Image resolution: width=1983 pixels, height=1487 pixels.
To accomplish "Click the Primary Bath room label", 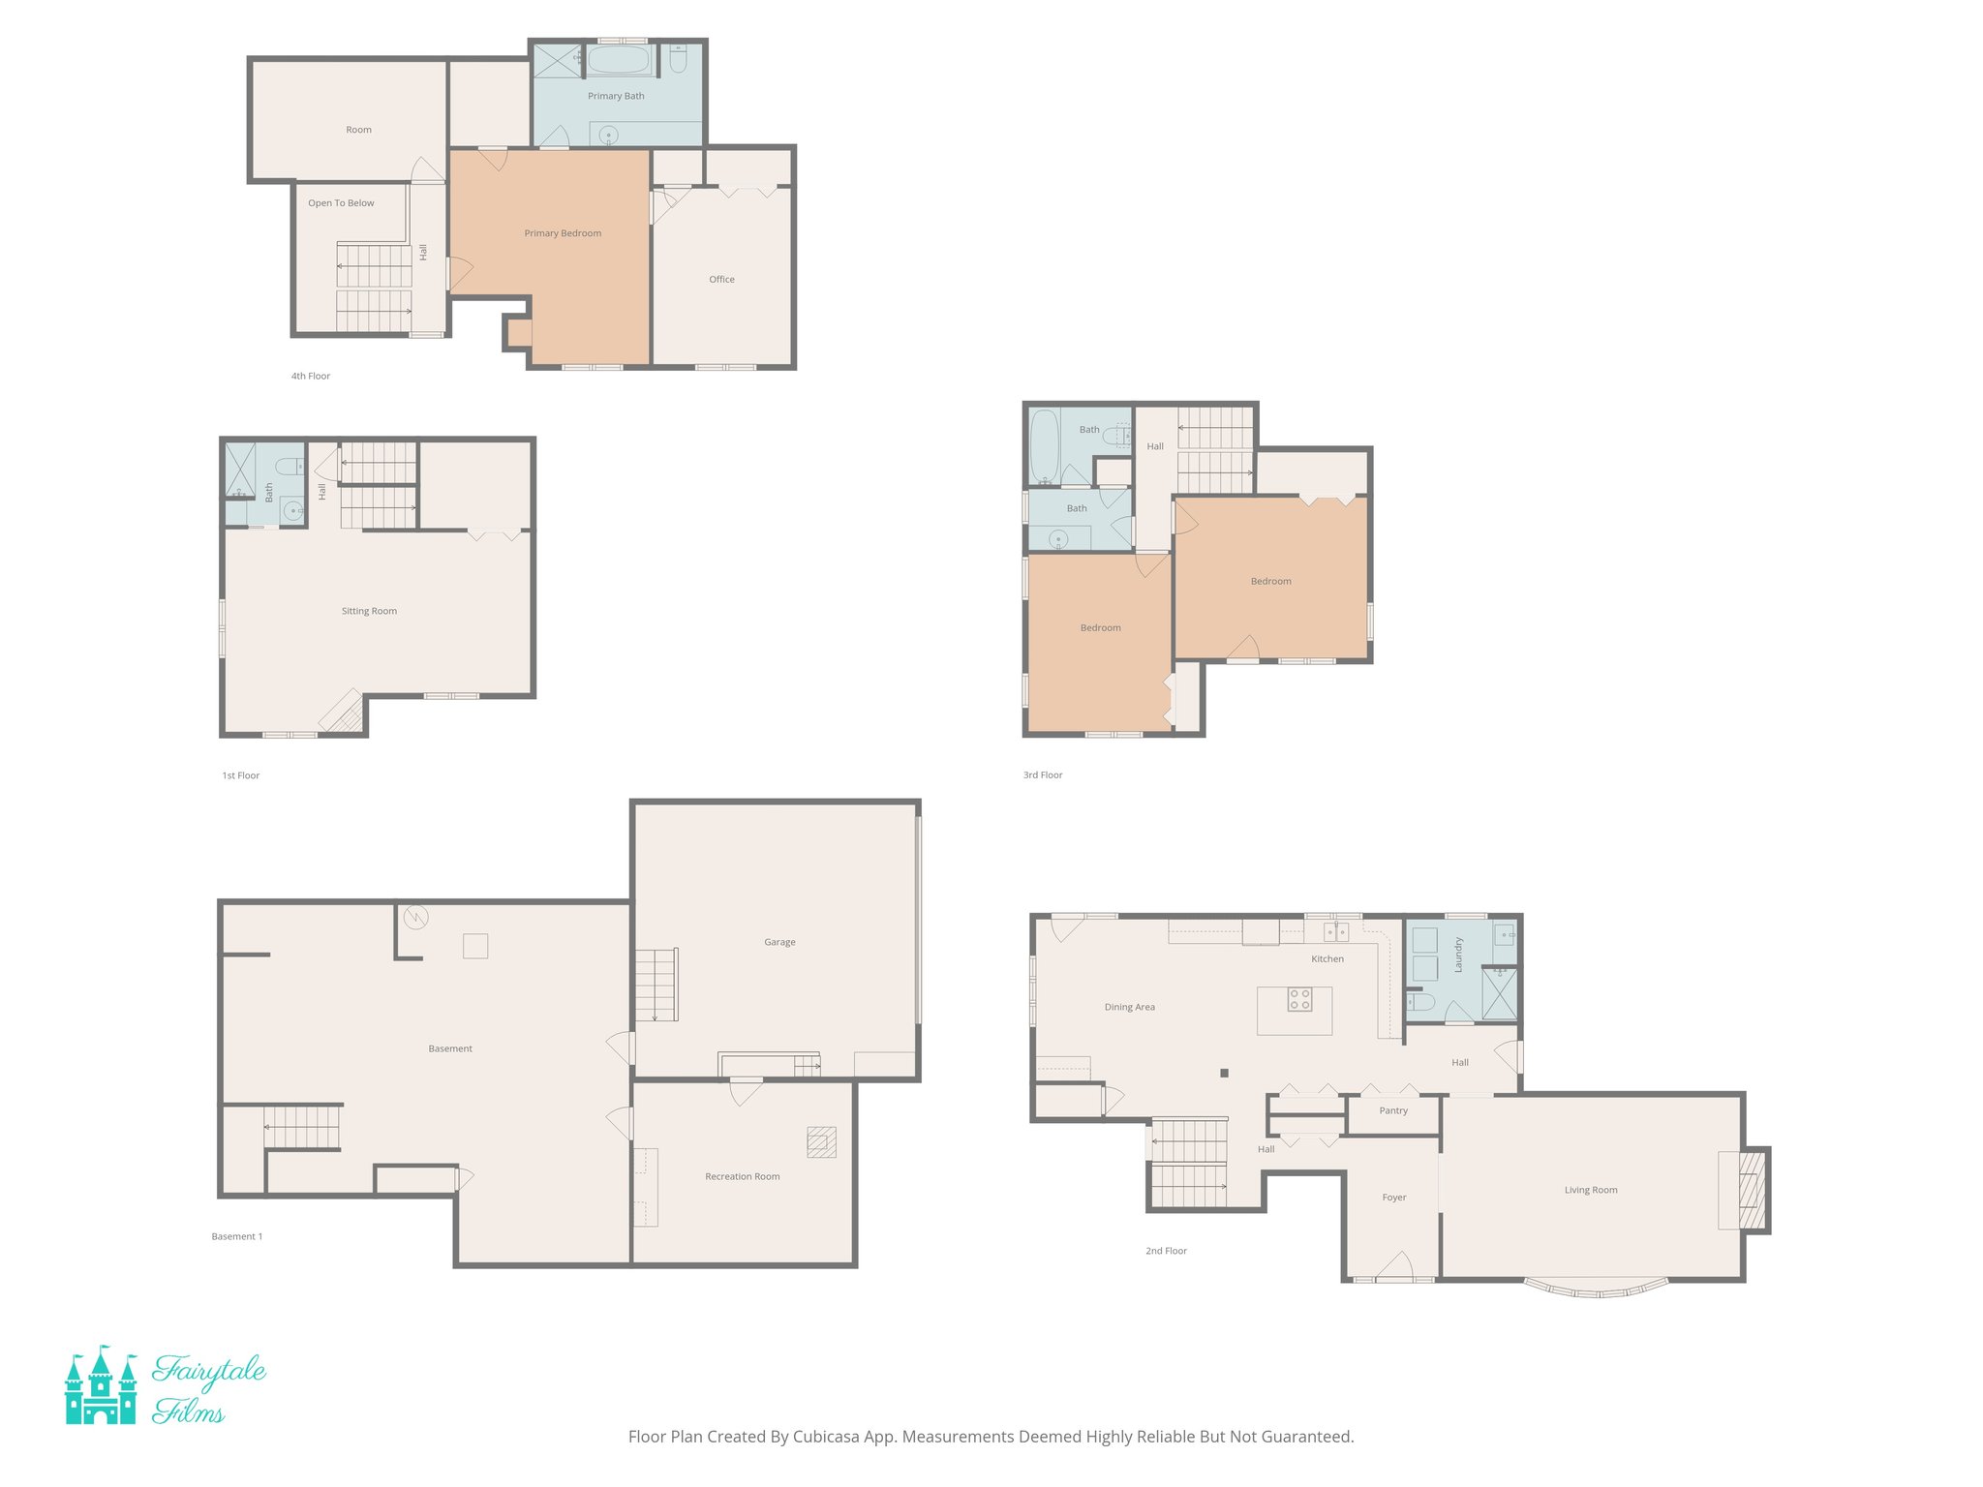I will coord(616,96).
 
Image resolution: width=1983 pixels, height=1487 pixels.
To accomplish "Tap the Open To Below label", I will coord(341,203).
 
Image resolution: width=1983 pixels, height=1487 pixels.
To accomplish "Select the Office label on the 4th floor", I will coord(721,280).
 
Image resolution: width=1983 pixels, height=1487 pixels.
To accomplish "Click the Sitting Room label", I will coord(369,611).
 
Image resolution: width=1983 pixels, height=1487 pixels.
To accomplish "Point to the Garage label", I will coord(779,942).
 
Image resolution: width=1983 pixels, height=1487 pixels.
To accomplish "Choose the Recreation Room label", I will coord(742,1176).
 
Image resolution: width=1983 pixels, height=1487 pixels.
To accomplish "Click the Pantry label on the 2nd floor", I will coord(1393,1110).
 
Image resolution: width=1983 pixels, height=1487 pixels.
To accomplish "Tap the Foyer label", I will coord(1393,1198).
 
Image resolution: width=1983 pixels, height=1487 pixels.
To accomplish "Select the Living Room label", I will coord(1591,1190).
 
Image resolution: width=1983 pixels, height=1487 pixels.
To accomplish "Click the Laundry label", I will coord(1458,955).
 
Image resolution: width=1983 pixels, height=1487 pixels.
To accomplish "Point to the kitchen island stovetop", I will coord(1299,999).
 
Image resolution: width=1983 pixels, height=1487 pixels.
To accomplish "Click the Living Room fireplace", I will coord(1751,1189).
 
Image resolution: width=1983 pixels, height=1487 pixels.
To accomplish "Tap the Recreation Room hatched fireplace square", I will coord(821,1142).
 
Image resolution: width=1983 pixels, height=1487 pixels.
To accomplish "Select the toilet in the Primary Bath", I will coord(678,60).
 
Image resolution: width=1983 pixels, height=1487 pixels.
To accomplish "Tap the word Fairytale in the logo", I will coord(209,1371).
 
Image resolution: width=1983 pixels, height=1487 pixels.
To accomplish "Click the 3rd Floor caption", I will coord(1043,775).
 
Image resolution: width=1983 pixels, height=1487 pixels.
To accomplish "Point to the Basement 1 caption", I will coord(237,1236).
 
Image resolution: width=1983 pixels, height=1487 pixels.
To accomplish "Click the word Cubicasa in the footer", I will coord(827,1437).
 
